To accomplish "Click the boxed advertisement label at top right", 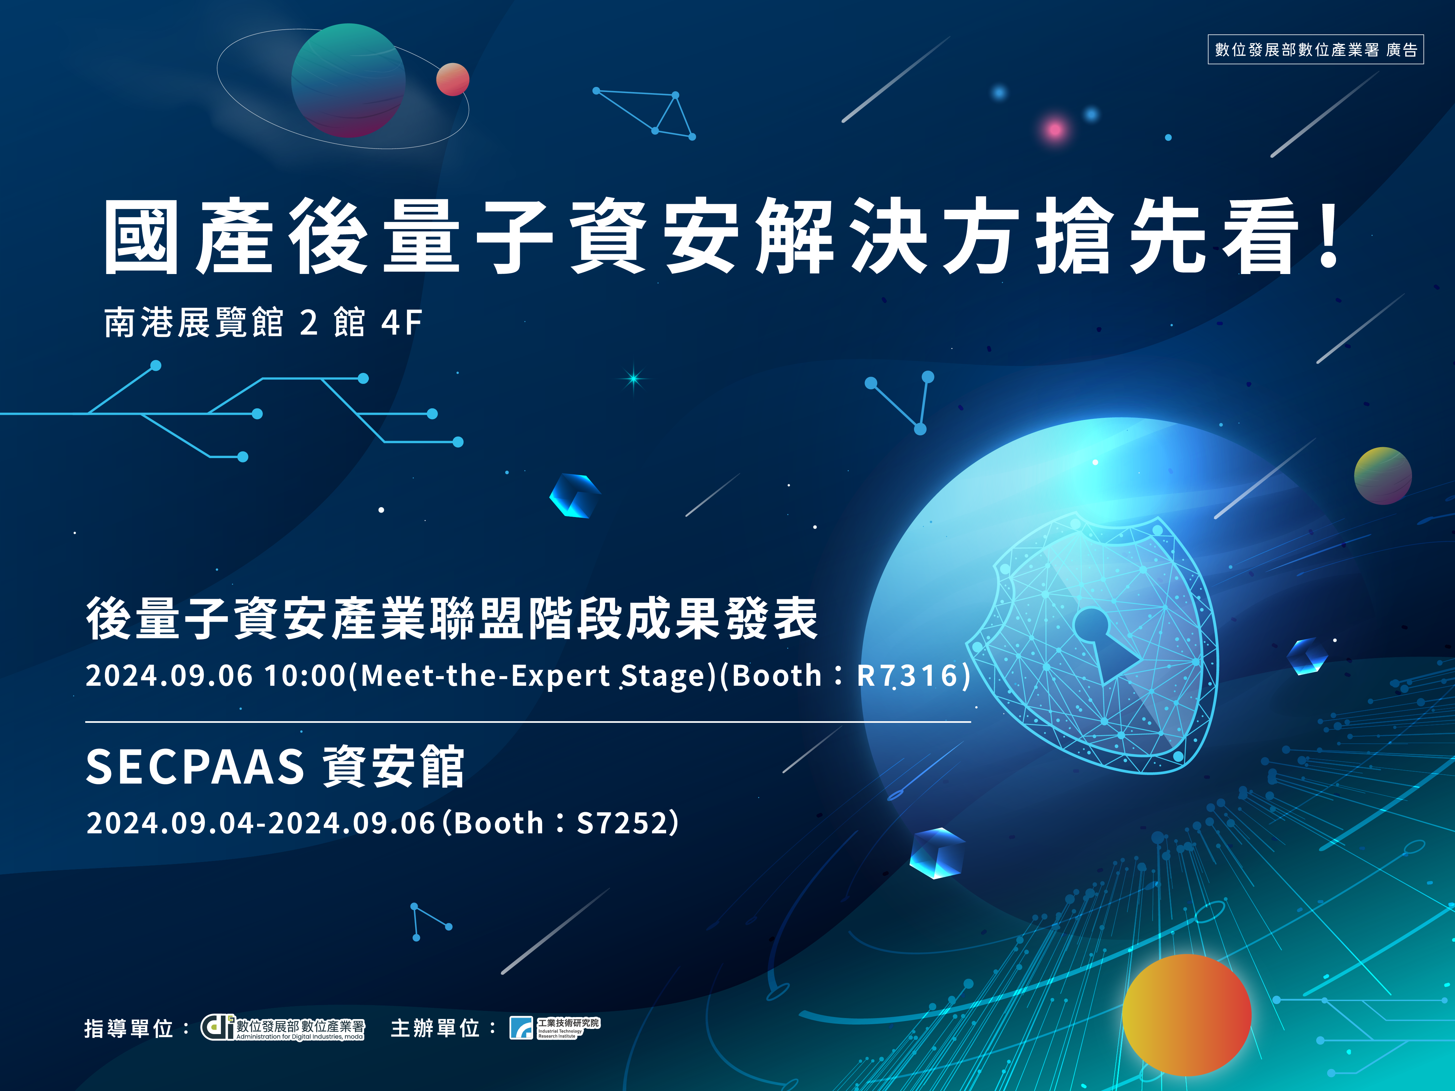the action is pyautogui.click(x=1316, y=49).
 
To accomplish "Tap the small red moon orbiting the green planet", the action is pyautogui.click(x=452, y=79).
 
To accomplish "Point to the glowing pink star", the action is pyautogui.click(x=1055, y=130).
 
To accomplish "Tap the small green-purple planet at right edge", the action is pyautogui.click(x=1383, y=475).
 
